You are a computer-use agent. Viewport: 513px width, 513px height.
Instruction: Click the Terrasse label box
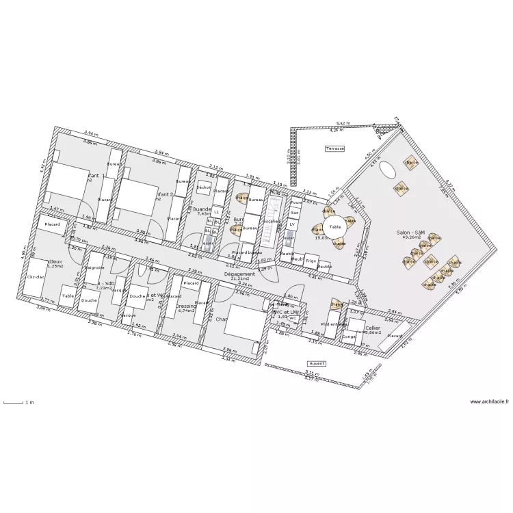click(335, 148)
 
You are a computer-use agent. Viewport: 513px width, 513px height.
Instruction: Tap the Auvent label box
click(317, 364)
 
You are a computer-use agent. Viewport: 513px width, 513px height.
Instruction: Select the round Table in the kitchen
click(334, 227)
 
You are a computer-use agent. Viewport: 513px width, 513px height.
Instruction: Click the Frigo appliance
click(311, 261)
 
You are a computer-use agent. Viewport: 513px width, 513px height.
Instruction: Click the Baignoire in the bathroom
click(94, 267)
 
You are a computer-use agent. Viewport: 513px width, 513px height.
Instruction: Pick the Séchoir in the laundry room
click(204, 187)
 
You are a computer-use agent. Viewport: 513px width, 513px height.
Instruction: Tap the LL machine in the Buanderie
click(216, 212)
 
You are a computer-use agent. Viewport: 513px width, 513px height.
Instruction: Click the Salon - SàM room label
click(410, 233)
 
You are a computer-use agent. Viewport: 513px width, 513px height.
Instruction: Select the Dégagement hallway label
click(239, 274)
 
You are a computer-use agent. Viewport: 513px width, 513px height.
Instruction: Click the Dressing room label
click(186, 306)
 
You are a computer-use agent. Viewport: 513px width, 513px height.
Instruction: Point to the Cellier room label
click(372, 328)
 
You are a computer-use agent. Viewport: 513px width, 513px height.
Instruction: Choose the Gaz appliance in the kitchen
click(295, 213)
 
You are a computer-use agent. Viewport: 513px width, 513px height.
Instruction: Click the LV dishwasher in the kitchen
click(292, 224)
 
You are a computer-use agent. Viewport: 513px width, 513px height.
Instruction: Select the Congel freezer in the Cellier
click(349, 337)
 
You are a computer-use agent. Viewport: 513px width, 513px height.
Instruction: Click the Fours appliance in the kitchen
click(296, 203)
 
